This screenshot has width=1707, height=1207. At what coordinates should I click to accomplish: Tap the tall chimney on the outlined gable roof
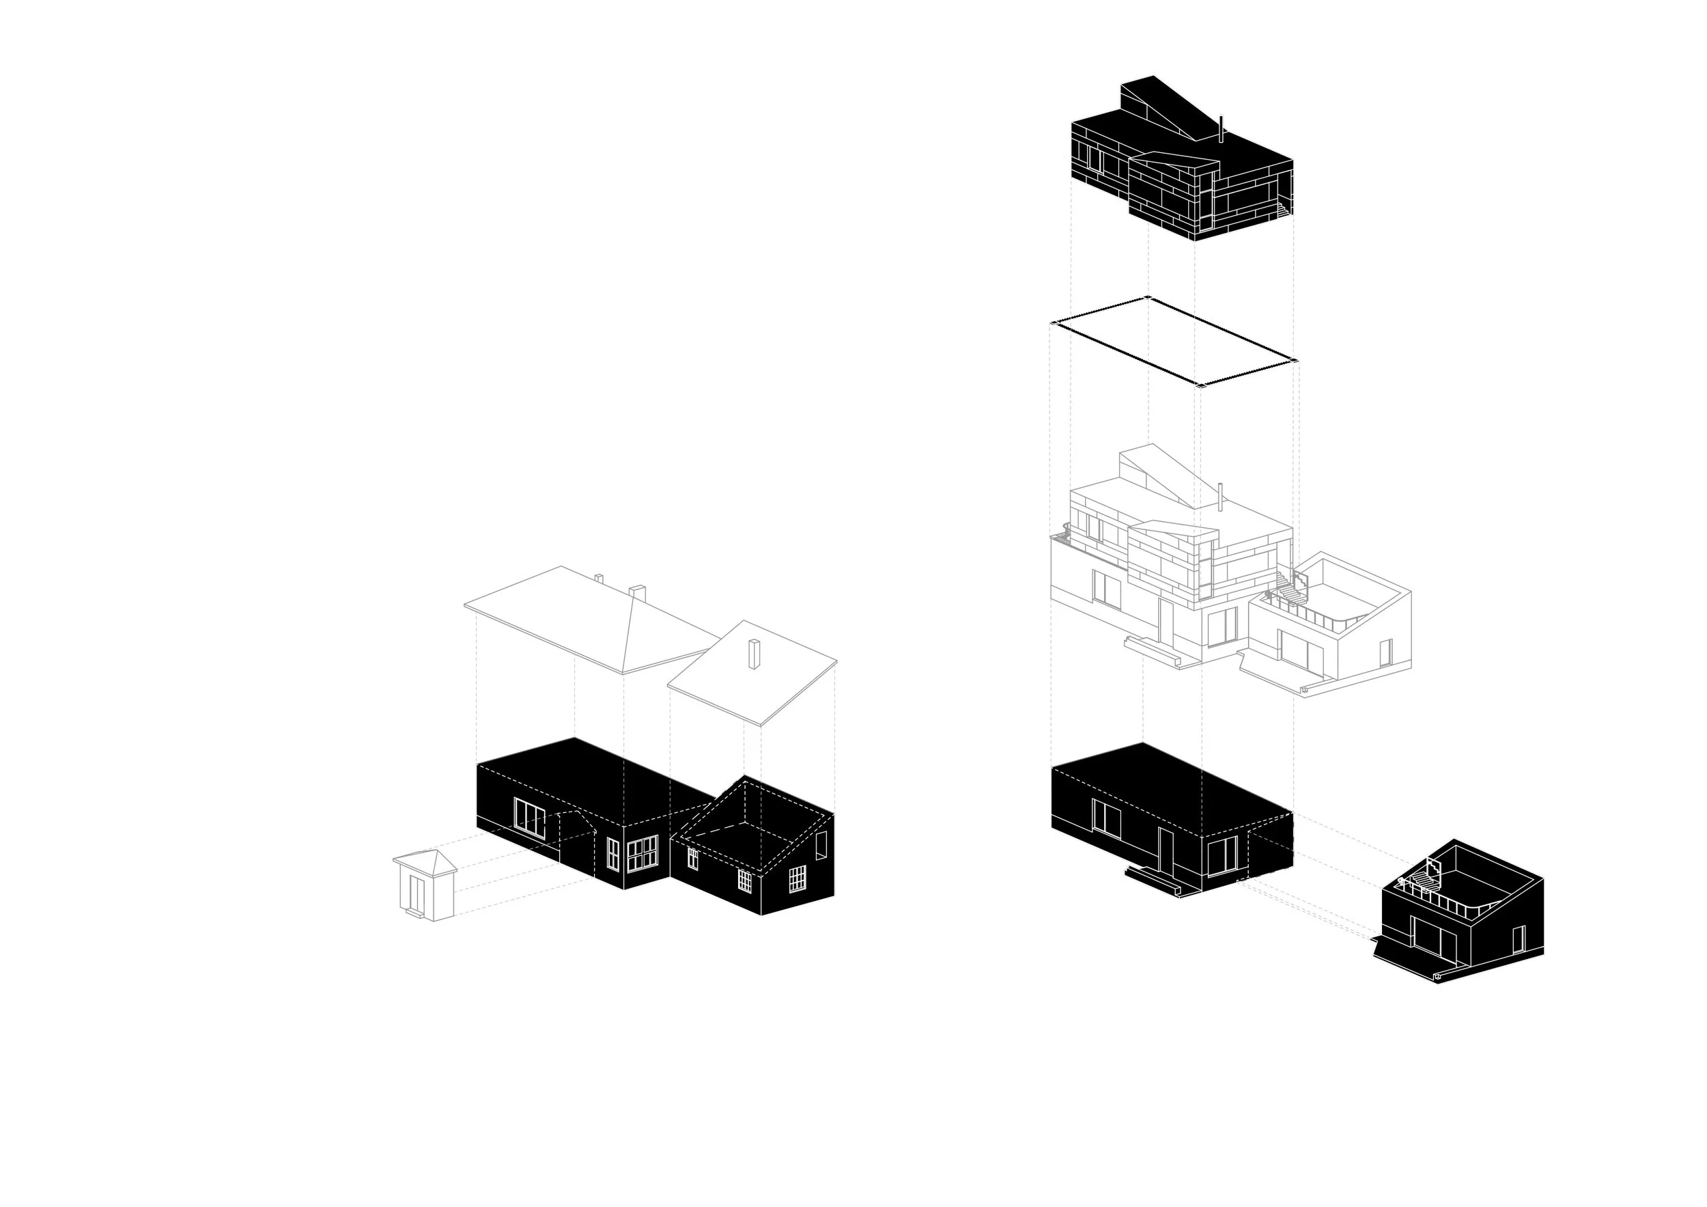(x=754, y=654)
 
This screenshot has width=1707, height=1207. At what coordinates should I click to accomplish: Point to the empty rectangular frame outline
(x=1173, y=342)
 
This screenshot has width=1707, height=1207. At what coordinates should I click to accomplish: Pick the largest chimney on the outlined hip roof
(x=637, y=593)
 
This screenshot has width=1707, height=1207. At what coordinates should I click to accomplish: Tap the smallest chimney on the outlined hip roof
(x=599, y=578)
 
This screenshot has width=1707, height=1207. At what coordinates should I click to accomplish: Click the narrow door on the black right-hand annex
(x=1518, y=939)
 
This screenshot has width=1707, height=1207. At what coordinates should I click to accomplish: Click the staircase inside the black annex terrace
(x=1420, y=882)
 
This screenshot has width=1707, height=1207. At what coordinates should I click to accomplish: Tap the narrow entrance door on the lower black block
(x=1165, y=852)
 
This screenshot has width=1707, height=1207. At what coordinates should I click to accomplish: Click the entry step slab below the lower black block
(x=1153, y=881)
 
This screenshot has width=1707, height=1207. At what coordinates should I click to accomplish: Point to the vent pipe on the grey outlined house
(x=1220, y=497)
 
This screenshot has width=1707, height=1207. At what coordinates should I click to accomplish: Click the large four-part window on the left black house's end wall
(x=643, y=852)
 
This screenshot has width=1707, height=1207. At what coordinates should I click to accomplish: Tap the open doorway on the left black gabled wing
(x=821, y=846)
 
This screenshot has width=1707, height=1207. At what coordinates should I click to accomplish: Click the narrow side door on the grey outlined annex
(x=1385, y=652)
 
